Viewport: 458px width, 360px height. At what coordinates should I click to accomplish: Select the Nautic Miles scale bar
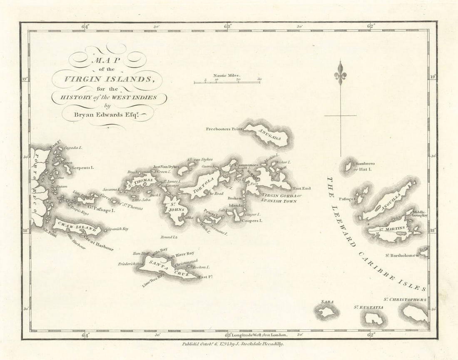[x=227, y=82]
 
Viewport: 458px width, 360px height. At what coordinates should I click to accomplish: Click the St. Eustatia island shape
[x=373, y=319]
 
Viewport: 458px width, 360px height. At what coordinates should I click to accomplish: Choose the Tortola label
[x=203, y=186]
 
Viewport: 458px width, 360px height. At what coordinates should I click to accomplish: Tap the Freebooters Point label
[x=224, y=129]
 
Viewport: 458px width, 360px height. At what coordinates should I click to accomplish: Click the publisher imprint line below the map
[x=233, y=344]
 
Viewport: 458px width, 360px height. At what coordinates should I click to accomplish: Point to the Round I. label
[x=169, y=237]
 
